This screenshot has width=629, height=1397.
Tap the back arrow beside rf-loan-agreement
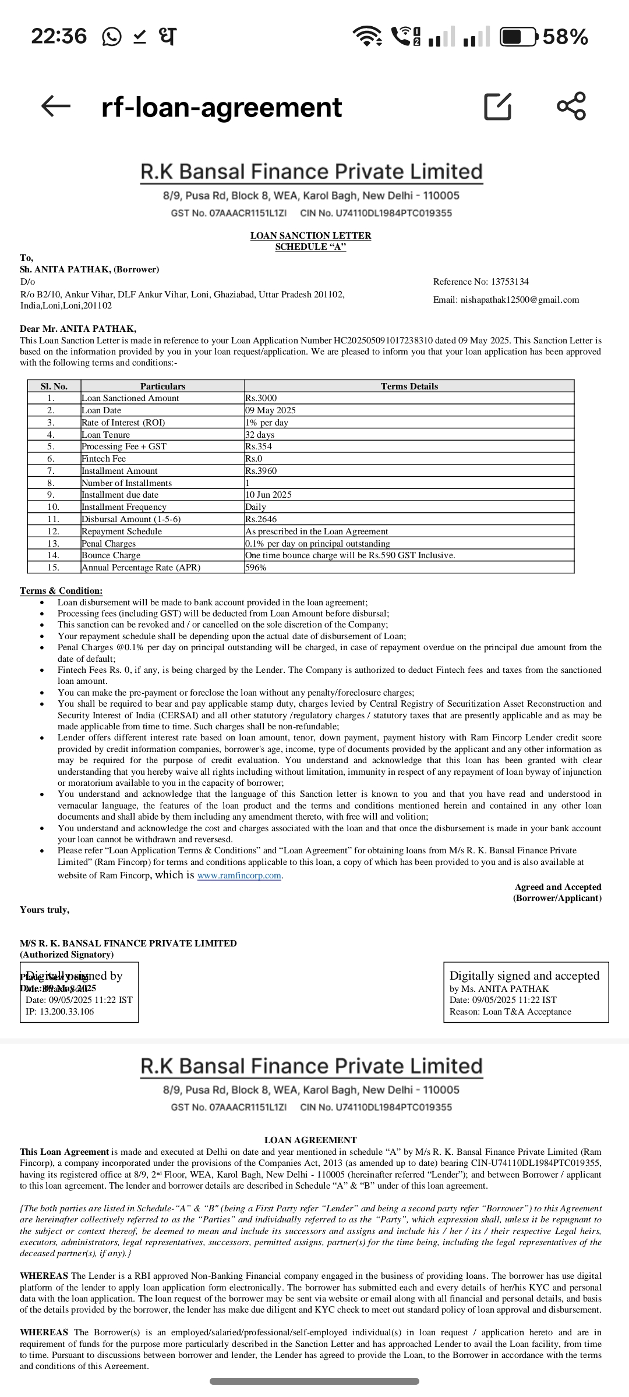pos(56,106)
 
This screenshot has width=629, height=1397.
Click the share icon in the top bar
pos(571,106)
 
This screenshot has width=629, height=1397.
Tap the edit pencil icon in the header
pos(498,106)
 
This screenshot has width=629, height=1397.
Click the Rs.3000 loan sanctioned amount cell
pos(261,398)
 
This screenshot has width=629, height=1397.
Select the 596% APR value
pos(256,568)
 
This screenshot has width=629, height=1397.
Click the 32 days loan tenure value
pos(260,435)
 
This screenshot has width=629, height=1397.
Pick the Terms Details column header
pos(409,386)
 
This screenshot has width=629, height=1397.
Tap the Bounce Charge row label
pos(111,555)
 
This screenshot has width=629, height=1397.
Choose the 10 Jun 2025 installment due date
pos(268,495)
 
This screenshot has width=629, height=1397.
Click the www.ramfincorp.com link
pos(239,876)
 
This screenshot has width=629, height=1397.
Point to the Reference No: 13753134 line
pos(481,282)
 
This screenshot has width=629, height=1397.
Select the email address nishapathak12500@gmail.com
pos(506,300)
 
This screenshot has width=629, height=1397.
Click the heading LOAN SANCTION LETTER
pos(310,236)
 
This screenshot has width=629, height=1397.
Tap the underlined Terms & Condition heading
pos(61,591)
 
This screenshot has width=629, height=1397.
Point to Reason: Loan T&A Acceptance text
pos(510,1012)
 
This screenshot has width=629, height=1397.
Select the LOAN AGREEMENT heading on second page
pos(310,1140)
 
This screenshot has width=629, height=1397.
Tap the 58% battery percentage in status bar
pos(566,37)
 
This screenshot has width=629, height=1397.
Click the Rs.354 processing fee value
pos(259,446)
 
